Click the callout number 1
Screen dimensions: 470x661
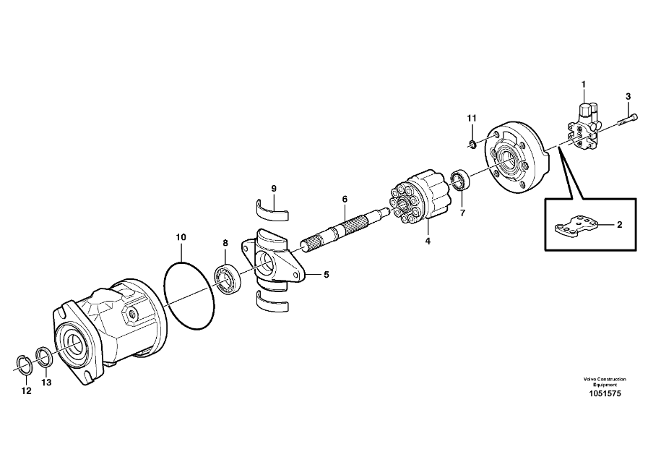coord(583,85)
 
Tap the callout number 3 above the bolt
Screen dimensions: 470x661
coord(628,96)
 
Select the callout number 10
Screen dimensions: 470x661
coord(181,236)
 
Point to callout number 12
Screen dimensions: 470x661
coord(27,391)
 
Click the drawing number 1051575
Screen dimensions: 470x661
coord(605,394)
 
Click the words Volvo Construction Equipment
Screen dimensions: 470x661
coord(605,382)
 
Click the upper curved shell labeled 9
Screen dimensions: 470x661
coord(274,210)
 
